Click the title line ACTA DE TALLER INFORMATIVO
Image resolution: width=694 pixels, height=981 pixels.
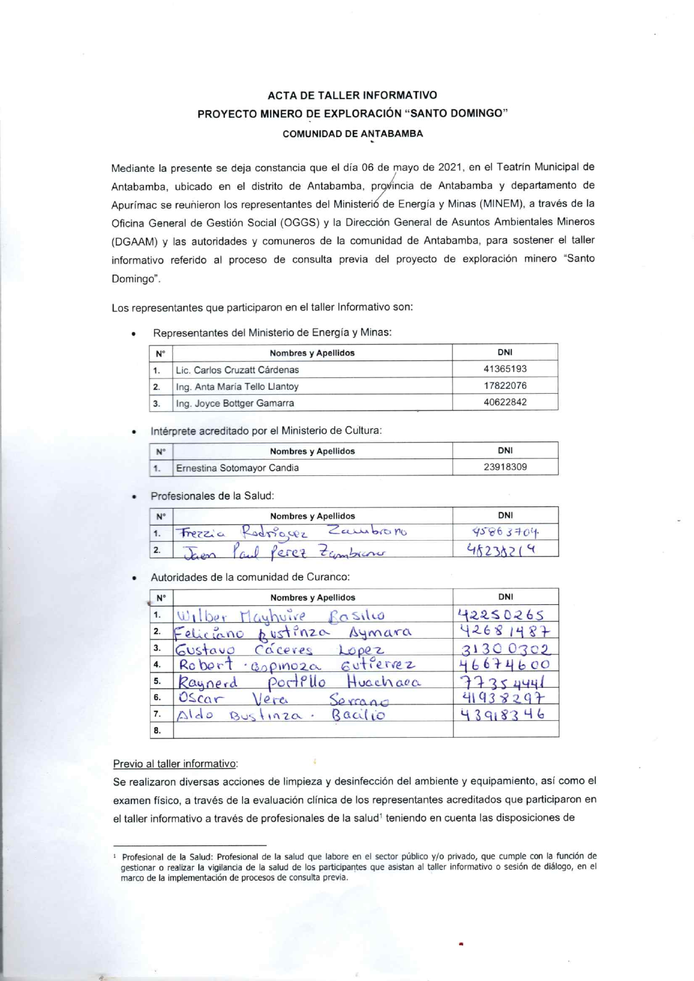click(352, 95)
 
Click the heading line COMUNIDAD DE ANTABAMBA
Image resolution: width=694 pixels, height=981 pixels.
click(352, 134)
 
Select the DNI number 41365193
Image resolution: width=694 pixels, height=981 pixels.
click(504, 369)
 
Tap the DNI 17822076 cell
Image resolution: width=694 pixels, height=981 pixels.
click(504, 386)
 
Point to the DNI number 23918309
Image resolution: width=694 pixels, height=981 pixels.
click(505, 467)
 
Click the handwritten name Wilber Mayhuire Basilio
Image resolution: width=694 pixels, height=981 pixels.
click(280, 615)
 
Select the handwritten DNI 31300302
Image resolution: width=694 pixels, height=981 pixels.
click(505, 649)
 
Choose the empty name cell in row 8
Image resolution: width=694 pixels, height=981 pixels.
click(313, 730)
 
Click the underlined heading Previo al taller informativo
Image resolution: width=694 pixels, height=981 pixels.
click(176, 764)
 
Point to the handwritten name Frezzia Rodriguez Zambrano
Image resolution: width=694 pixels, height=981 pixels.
click(292, 532)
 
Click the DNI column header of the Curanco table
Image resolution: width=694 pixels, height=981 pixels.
click(506, 597)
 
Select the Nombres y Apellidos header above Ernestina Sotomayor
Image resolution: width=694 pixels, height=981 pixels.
click(312, 451)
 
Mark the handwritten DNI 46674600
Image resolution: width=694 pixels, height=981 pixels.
click(504, 665)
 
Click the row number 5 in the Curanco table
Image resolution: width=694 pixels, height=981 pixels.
click(157, 681)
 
